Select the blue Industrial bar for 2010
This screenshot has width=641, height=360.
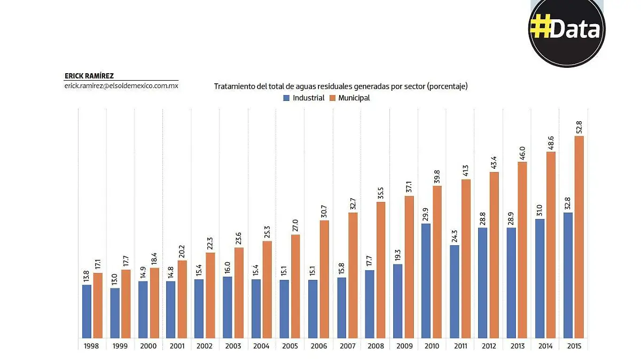(427, 280)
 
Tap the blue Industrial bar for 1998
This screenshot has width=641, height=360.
(87, 311)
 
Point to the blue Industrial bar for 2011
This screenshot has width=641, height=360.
(455, 291)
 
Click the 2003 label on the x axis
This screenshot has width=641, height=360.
(233, 346)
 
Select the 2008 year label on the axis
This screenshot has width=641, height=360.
(376, 346)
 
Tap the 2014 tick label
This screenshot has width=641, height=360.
(545, 346)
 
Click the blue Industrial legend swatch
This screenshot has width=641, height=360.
(286, 98)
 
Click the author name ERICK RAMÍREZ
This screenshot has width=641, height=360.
(89, 76)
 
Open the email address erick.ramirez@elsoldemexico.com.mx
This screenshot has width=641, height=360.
(121, 85)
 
